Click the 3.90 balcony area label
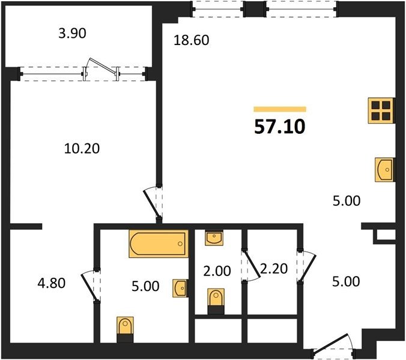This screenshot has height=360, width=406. click(72, 34)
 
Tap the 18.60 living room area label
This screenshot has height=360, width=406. click(192, 40)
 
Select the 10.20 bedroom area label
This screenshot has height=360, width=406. click(82, 149)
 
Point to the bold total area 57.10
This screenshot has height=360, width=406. click(280, 127)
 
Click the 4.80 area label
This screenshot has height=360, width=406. click(52, 283)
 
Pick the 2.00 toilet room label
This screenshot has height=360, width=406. click(217, 271)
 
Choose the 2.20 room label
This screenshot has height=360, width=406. click(274, 269)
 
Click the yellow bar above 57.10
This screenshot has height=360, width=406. click(280, 109)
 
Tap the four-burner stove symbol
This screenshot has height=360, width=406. click(381, 110)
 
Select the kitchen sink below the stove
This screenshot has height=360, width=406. click(385, 170)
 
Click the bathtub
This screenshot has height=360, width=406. click(159, 244)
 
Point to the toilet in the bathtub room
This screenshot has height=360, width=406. click(125, 329)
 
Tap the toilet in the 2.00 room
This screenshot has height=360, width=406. click(216, 301)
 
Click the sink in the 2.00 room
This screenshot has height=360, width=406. click(214, 238)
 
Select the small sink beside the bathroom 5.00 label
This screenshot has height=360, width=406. click(180, 288)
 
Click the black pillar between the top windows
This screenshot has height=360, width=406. click(255, 9)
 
